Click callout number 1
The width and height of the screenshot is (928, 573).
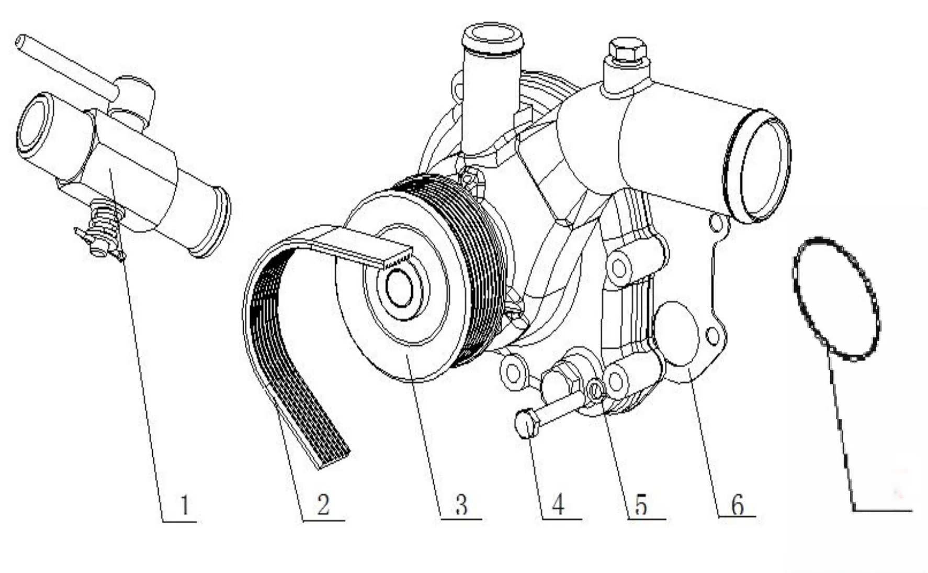coord(184,505)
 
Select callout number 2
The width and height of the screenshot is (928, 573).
coord(323,505)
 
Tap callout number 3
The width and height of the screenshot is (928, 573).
coord(461,505)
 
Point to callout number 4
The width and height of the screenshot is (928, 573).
coord(558,505)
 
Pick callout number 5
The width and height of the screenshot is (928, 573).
coord(641,505)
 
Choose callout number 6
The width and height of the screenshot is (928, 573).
coord(737,505)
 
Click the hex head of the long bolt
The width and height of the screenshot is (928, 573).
coord(527,424)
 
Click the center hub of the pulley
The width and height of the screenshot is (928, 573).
coord(399,289)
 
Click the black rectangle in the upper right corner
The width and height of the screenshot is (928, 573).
coord(869,102)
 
